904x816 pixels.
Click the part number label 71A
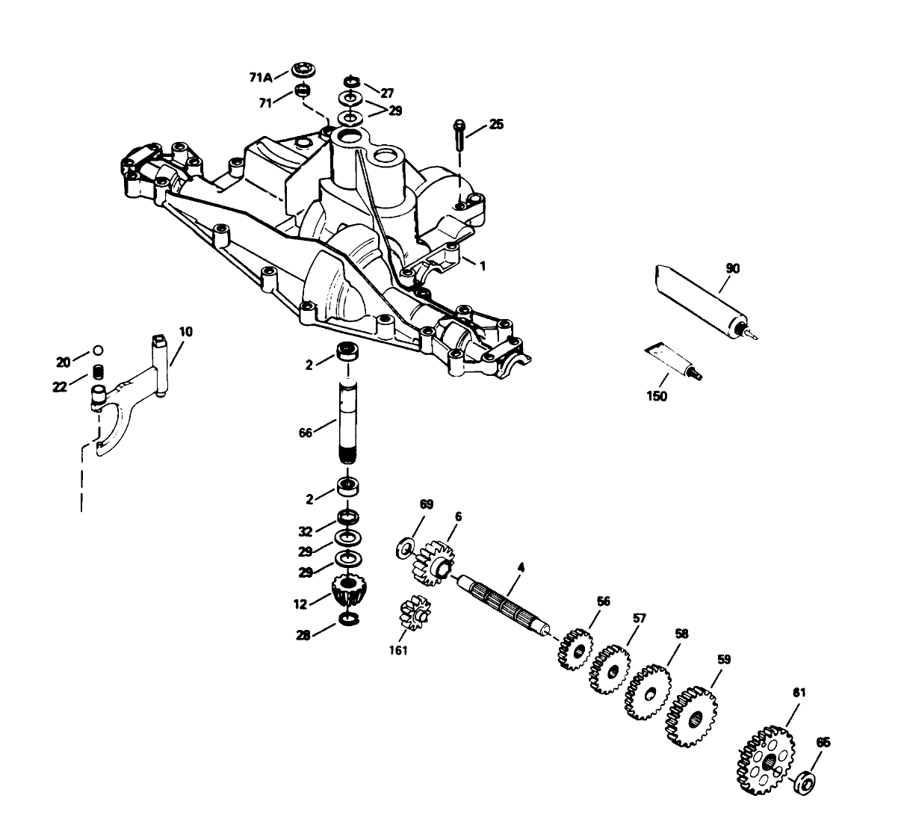coord(258,76)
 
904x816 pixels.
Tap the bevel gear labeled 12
coord(346,590)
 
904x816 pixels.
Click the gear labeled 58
coord(647,691)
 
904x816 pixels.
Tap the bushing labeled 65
coord(804,782)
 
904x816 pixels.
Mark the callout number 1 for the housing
coord(482,265)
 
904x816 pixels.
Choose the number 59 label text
coord(723,659)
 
